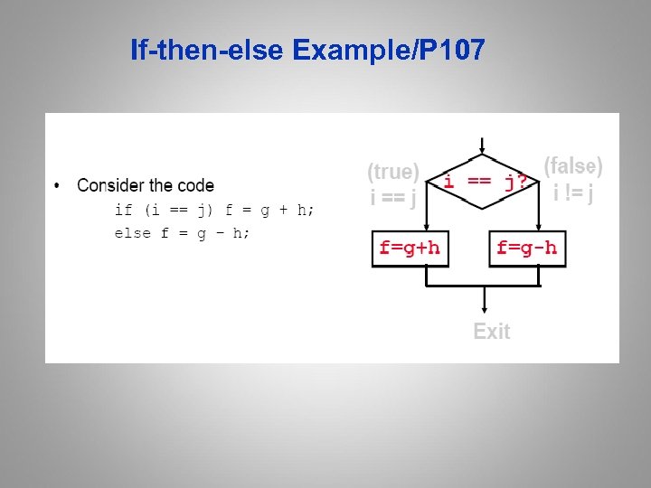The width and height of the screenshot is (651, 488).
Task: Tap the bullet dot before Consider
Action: [58, 186]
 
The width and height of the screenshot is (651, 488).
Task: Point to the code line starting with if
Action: [214, 210]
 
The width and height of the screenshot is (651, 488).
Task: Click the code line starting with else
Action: [182, 233]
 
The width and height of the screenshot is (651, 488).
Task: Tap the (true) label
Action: [393, 171]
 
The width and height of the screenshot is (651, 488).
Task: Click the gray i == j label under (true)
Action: [393, 195]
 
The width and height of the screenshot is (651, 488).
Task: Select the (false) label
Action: [573, 165]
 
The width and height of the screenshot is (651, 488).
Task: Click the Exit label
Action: [491, 332]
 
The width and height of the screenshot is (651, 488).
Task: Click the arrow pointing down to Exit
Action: [485, 301]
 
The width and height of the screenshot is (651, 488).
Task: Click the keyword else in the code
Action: [132, 233]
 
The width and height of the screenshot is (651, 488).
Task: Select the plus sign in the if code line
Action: [283, 210]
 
